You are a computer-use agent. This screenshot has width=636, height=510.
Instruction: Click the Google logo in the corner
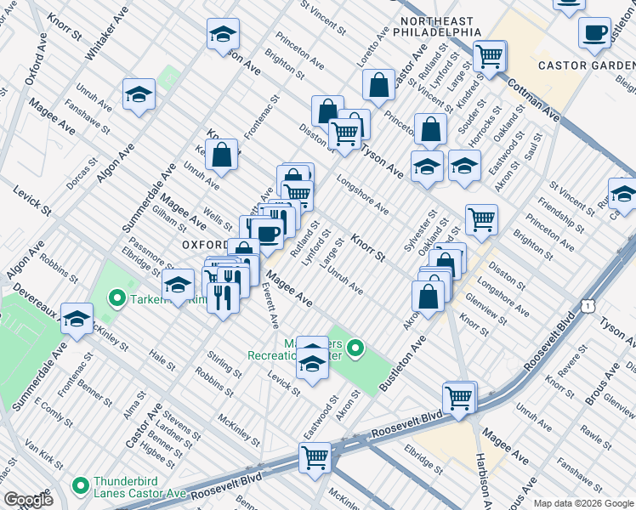click(x=28, y=500)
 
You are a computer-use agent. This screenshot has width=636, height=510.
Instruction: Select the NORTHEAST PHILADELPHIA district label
click(x=440, y=25)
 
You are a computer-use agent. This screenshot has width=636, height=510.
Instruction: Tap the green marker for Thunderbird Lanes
click(x=81, y=485)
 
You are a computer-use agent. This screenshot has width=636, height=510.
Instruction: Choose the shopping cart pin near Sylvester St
click(x=481, y=219)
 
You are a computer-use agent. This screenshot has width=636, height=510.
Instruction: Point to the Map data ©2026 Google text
click(x=583, y=502)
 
